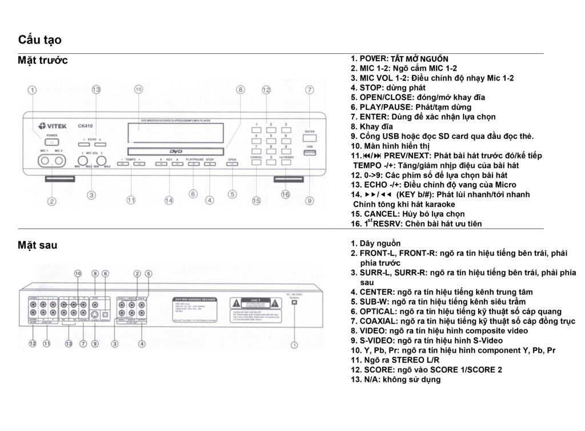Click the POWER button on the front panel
pos(51,141)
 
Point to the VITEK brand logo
pos(51,126)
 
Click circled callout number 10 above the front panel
pos(138,90)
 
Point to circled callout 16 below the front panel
pos(286,194)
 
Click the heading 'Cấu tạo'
pos(40,39)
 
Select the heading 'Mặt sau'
pos(38,245)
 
